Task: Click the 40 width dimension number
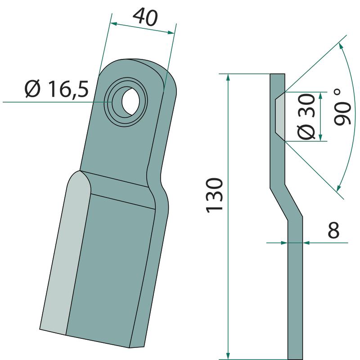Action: [x=145, y=17]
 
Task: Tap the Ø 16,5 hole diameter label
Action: [x=57, y=89]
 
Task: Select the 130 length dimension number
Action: [x=215, y=195]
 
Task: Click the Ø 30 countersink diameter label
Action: [x=306, y=117]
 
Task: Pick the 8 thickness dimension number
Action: [x=333, y=230]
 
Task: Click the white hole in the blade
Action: [x=130, y=101]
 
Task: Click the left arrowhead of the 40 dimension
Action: [x=114, y=24]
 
